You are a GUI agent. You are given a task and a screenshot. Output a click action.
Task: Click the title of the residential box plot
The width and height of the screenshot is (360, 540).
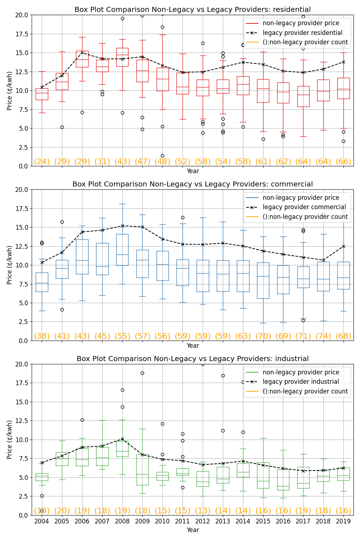point(193,10)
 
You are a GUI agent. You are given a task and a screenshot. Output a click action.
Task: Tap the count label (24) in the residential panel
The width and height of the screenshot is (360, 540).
point(42,161)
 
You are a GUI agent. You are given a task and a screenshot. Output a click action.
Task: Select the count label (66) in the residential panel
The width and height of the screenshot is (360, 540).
point(343,161)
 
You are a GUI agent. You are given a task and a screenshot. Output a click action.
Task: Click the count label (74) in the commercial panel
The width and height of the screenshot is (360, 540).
point(323,336)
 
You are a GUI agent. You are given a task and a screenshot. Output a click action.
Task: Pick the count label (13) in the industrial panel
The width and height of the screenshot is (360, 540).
point(203,510)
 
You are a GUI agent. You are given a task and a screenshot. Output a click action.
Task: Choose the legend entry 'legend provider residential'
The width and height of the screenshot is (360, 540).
point(302,33)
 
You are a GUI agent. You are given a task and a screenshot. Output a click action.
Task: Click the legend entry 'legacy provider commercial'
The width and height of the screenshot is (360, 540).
point(304,207)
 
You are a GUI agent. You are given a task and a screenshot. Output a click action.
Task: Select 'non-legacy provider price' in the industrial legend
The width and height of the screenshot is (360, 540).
point(301,372)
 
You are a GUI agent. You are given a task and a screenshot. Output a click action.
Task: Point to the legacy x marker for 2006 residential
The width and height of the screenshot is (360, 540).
point(82,53)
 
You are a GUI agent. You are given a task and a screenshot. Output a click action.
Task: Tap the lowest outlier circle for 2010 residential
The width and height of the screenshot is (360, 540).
point(162,156)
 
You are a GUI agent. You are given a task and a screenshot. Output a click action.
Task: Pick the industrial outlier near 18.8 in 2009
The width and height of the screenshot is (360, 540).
point(143,373)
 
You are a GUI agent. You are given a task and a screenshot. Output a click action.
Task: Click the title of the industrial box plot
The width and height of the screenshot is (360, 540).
point(193,359)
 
